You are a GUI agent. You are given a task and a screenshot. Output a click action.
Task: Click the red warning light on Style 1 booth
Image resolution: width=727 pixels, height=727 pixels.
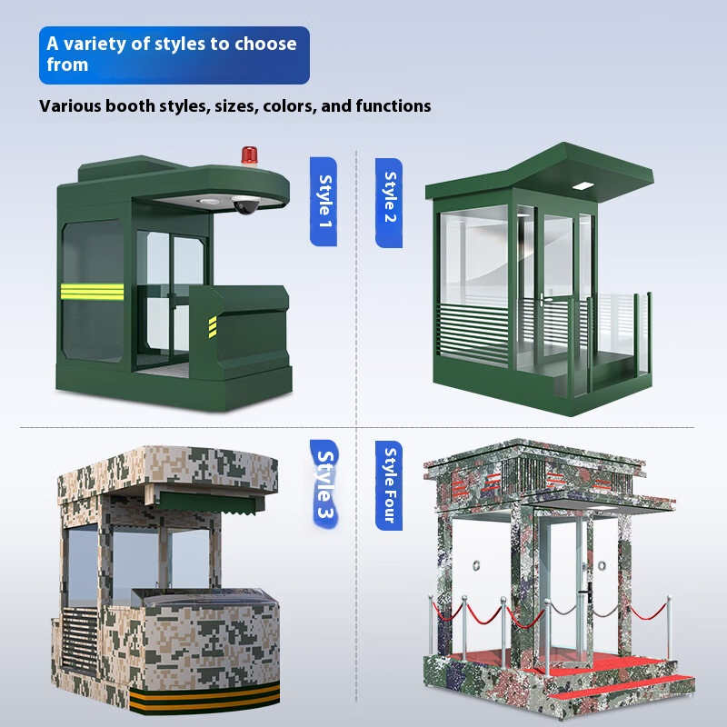click(x=247, y=155)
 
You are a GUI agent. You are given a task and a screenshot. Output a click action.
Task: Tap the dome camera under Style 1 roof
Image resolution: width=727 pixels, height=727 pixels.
click(x=244, y=206)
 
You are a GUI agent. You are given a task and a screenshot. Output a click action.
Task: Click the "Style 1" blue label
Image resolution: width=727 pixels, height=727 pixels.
click(x=324, y=201)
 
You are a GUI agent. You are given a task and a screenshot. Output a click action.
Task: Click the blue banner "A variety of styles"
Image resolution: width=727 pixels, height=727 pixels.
click(x=174, y=55)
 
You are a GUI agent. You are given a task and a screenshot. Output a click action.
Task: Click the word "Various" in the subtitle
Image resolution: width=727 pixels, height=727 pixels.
click(x=69, y=106)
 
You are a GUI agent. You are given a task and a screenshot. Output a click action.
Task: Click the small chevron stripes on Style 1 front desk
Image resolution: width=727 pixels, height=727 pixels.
click(x=213, y=325)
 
